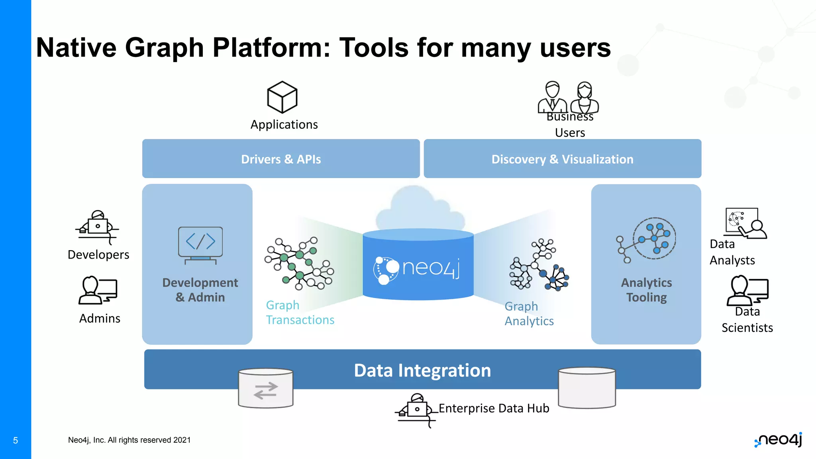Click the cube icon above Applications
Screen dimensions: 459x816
[282, 97]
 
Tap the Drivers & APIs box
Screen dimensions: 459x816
[281, 159]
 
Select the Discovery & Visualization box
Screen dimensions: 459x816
[562, 159]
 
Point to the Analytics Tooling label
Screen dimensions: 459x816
[646, 290]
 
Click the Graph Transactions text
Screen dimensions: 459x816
[300, 312]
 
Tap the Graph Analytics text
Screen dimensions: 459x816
[529, 314]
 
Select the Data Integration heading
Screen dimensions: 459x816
[422, 370]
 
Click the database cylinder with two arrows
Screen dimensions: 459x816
[265, 388]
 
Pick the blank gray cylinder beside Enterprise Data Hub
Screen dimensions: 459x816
[586, 388]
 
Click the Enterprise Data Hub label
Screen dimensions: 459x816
[494, 408]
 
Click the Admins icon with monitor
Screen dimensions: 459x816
[98, 290]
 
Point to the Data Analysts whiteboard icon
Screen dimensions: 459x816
[745, 223]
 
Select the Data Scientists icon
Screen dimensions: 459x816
[747, 290]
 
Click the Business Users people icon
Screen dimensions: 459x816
[568, 97]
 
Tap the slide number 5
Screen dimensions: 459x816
[16, 440]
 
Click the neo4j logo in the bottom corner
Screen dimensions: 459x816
[779, 439]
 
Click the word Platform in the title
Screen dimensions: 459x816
[271, 48]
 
